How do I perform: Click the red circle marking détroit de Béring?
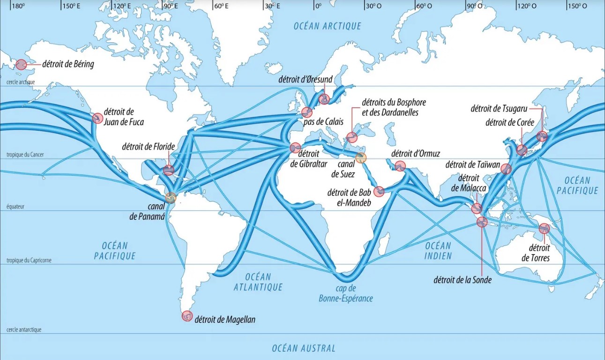[x=21, y=65]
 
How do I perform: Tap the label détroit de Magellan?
[x=224, y=320]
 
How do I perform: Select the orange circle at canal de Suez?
[x=360, y=157]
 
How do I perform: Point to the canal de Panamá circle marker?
[x=171, y=197]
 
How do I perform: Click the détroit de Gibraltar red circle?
[x=295, y=148]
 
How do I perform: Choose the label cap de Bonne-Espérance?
[x=346, y=293]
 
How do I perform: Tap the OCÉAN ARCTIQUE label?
[x=328, y=26]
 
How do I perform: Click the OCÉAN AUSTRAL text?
[x=304, y=348]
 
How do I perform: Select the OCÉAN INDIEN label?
[x=438, y=251]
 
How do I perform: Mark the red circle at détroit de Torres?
[x=544, y=229]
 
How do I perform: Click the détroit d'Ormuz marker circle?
[x=400, y=166]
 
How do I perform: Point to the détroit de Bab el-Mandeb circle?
[x=379, y=191]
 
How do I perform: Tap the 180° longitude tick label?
[x=17, y=6]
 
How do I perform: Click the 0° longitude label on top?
[x=318, y=6]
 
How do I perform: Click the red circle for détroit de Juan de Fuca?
[x=97, y=118]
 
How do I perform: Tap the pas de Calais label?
[x=323, y=122]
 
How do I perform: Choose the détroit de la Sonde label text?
[x=463, y=280]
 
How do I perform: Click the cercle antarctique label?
[x=24, y=330]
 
